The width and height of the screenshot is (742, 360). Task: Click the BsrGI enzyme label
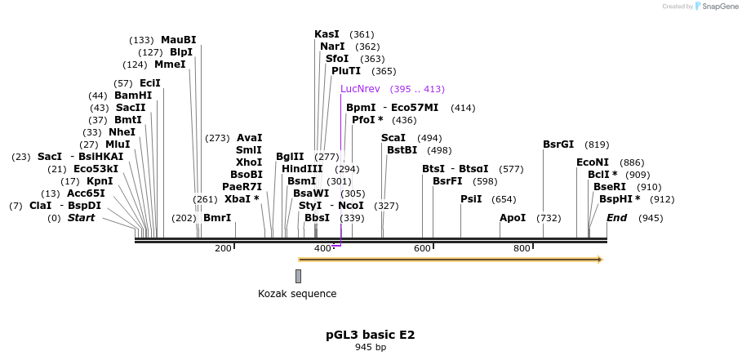pyautogui.click(x=558, y=144)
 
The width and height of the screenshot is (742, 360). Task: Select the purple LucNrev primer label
pyautogui.click(x=360, y=89)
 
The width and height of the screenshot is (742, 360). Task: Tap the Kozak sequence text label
pyautogui.click(x=297, y=294)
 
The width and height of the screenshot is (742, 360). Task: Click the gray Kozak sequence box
pyautogui.click(x=298, y=276)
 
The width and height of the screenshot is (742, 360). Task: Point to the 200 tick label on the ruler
pyautogui.click(x=223, y=248)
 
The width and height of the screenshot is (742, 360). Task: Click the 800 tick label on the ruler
pyautogui.click(x=521, y=248)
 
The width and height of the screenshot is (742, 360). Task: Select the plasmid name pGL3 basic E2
pyautogui.click(x=371, y=335)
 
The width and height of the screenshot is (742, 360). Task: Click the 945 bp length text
pyautogui.click(x=371, y=348)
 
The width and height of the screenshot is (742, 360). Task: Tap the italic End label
pyautogui.click(x=616, y=218)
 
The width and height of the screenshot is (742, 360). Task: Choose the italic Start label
pyautogui.click(x=81, y=218)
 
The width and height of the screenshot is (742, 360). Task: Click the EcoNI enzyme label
pyautogui.click(x=593, y=162)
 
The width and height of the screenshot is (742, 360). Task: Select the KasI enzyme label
pyautogui.click(x=327, y=34)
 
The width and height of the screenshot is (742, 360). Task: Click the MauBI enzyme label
pyautogui.click(x=178, y=40)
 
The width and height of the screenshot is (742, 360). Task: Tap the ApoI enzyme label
pyautogui.click(x=513, y=218)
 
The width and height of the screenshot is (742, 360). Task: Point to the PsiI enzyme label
pyautogui.click(x=471, y=199)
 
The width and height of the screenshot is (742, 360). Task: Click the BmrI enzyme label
pyautogui.click(x=217, y=218)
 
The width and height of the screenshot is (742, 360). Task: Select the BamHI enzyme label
pyautogui.click(x=133, y=96)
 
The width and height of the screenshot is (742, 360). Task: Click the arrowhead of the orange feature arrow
pyautogui.click(x=600, y=260)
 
